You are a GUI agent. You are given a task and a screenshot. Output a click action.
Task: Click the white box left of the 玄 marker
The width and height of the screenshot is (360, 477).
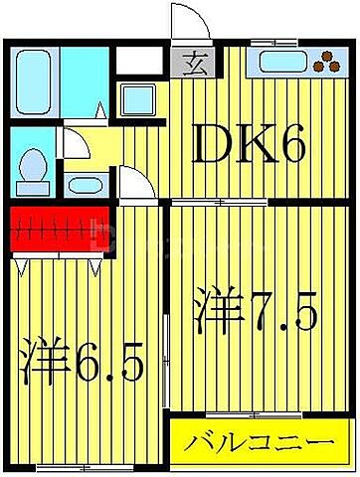coord(139,60)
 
